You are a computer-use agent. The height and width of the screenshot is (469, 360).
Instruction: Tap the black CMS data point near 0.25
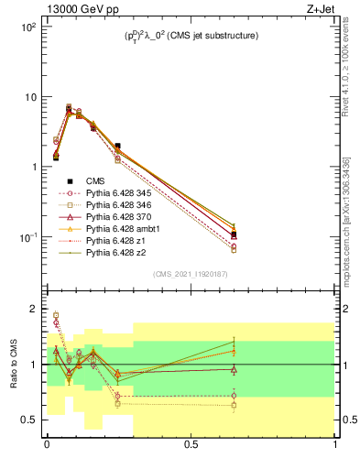[117, 146]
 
